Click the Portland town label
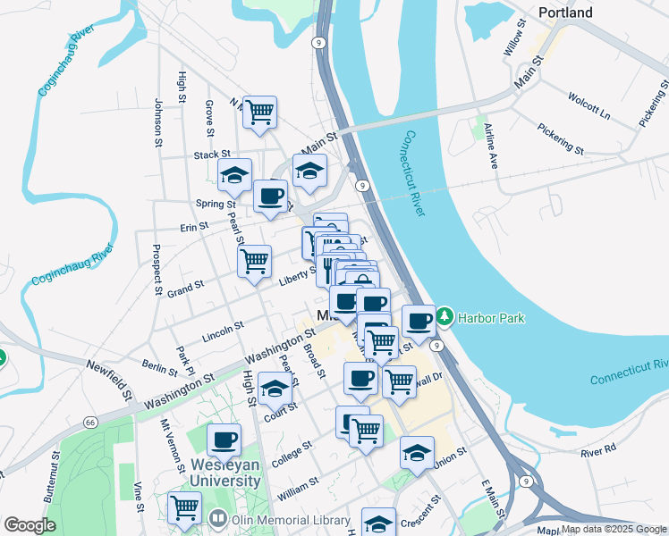pos(565,13)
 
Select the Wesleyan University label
pos(224,473)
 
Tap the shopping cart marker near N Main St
pos(259,113)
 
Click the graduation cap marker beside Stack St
pos(234,175)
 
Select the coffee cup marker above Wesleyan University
pos(224,440)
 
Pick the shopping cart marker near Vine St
pos(184,507)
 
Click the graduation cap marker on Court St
pos(275,389)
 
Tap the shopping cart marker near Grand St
pos(255,261)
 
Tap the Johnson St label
pos(158,122)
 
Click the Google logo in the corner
pos(30,525)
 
